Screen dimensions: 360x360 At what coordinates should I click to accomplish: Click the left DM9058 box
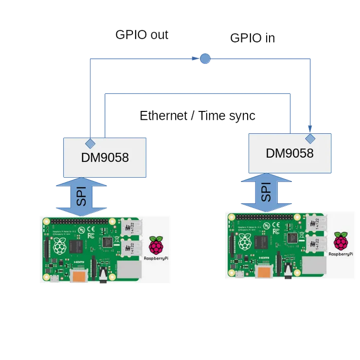[105, 157]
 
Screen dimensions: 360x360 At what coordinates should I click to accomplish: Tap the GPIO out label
[142, 36]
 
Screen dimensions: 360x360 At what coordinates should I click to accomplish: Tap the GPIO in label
[252, 37]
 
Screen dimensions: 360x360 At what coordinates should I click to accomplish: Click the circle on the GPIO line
[205, 59]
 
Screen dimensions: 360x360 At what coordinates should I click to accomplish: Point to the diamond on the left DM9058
[90, 143]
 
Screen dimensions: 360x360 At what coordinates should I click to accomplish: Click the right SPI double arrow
[266, 192]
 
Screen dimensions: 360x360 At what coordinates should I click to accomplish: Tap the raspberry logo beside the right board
[341, 241]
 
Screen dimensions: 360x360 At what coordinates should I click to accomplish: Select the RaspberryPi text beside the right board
[341, 254]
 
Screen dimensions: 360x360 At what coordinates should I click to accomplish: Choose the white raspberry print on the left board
[60, 247]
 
